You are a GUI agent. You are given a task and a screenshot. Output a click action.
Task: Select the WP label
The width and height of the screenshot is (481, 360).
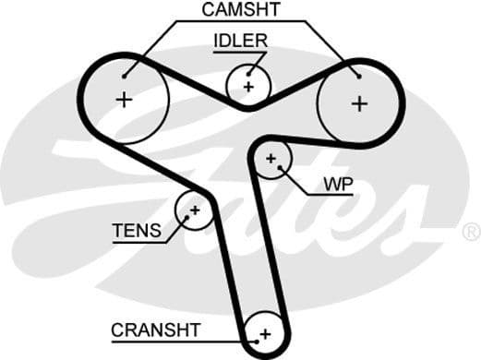337,184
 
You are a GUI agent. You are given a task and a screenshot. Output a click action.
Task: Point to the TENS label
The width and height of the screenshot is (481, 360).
137,232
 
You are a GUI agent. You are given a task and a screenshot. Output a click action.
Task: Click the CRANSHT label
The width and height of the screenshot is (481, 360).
155,330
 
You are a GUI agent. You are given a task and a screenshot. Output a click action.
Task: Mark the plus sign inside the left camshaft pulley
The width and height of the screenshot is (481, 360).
123,100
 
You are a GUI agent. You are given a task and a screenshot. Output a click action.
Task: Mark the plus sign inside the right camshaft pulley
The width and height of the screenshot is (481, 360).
358,103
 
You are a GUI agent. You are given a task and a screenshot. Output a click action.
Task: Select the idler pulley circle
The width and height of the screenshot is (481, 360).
248,86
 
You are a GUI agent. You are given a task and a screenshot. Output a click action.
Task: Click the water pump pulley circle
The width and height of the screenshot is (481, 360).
271,160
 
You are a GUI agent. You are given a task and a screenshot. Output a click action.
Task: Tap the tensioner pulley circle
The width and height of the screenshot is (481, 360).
195,210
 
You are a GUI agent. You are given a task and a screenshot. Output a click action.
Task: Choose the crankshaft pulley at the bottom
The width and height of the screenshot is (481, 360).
265,332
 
